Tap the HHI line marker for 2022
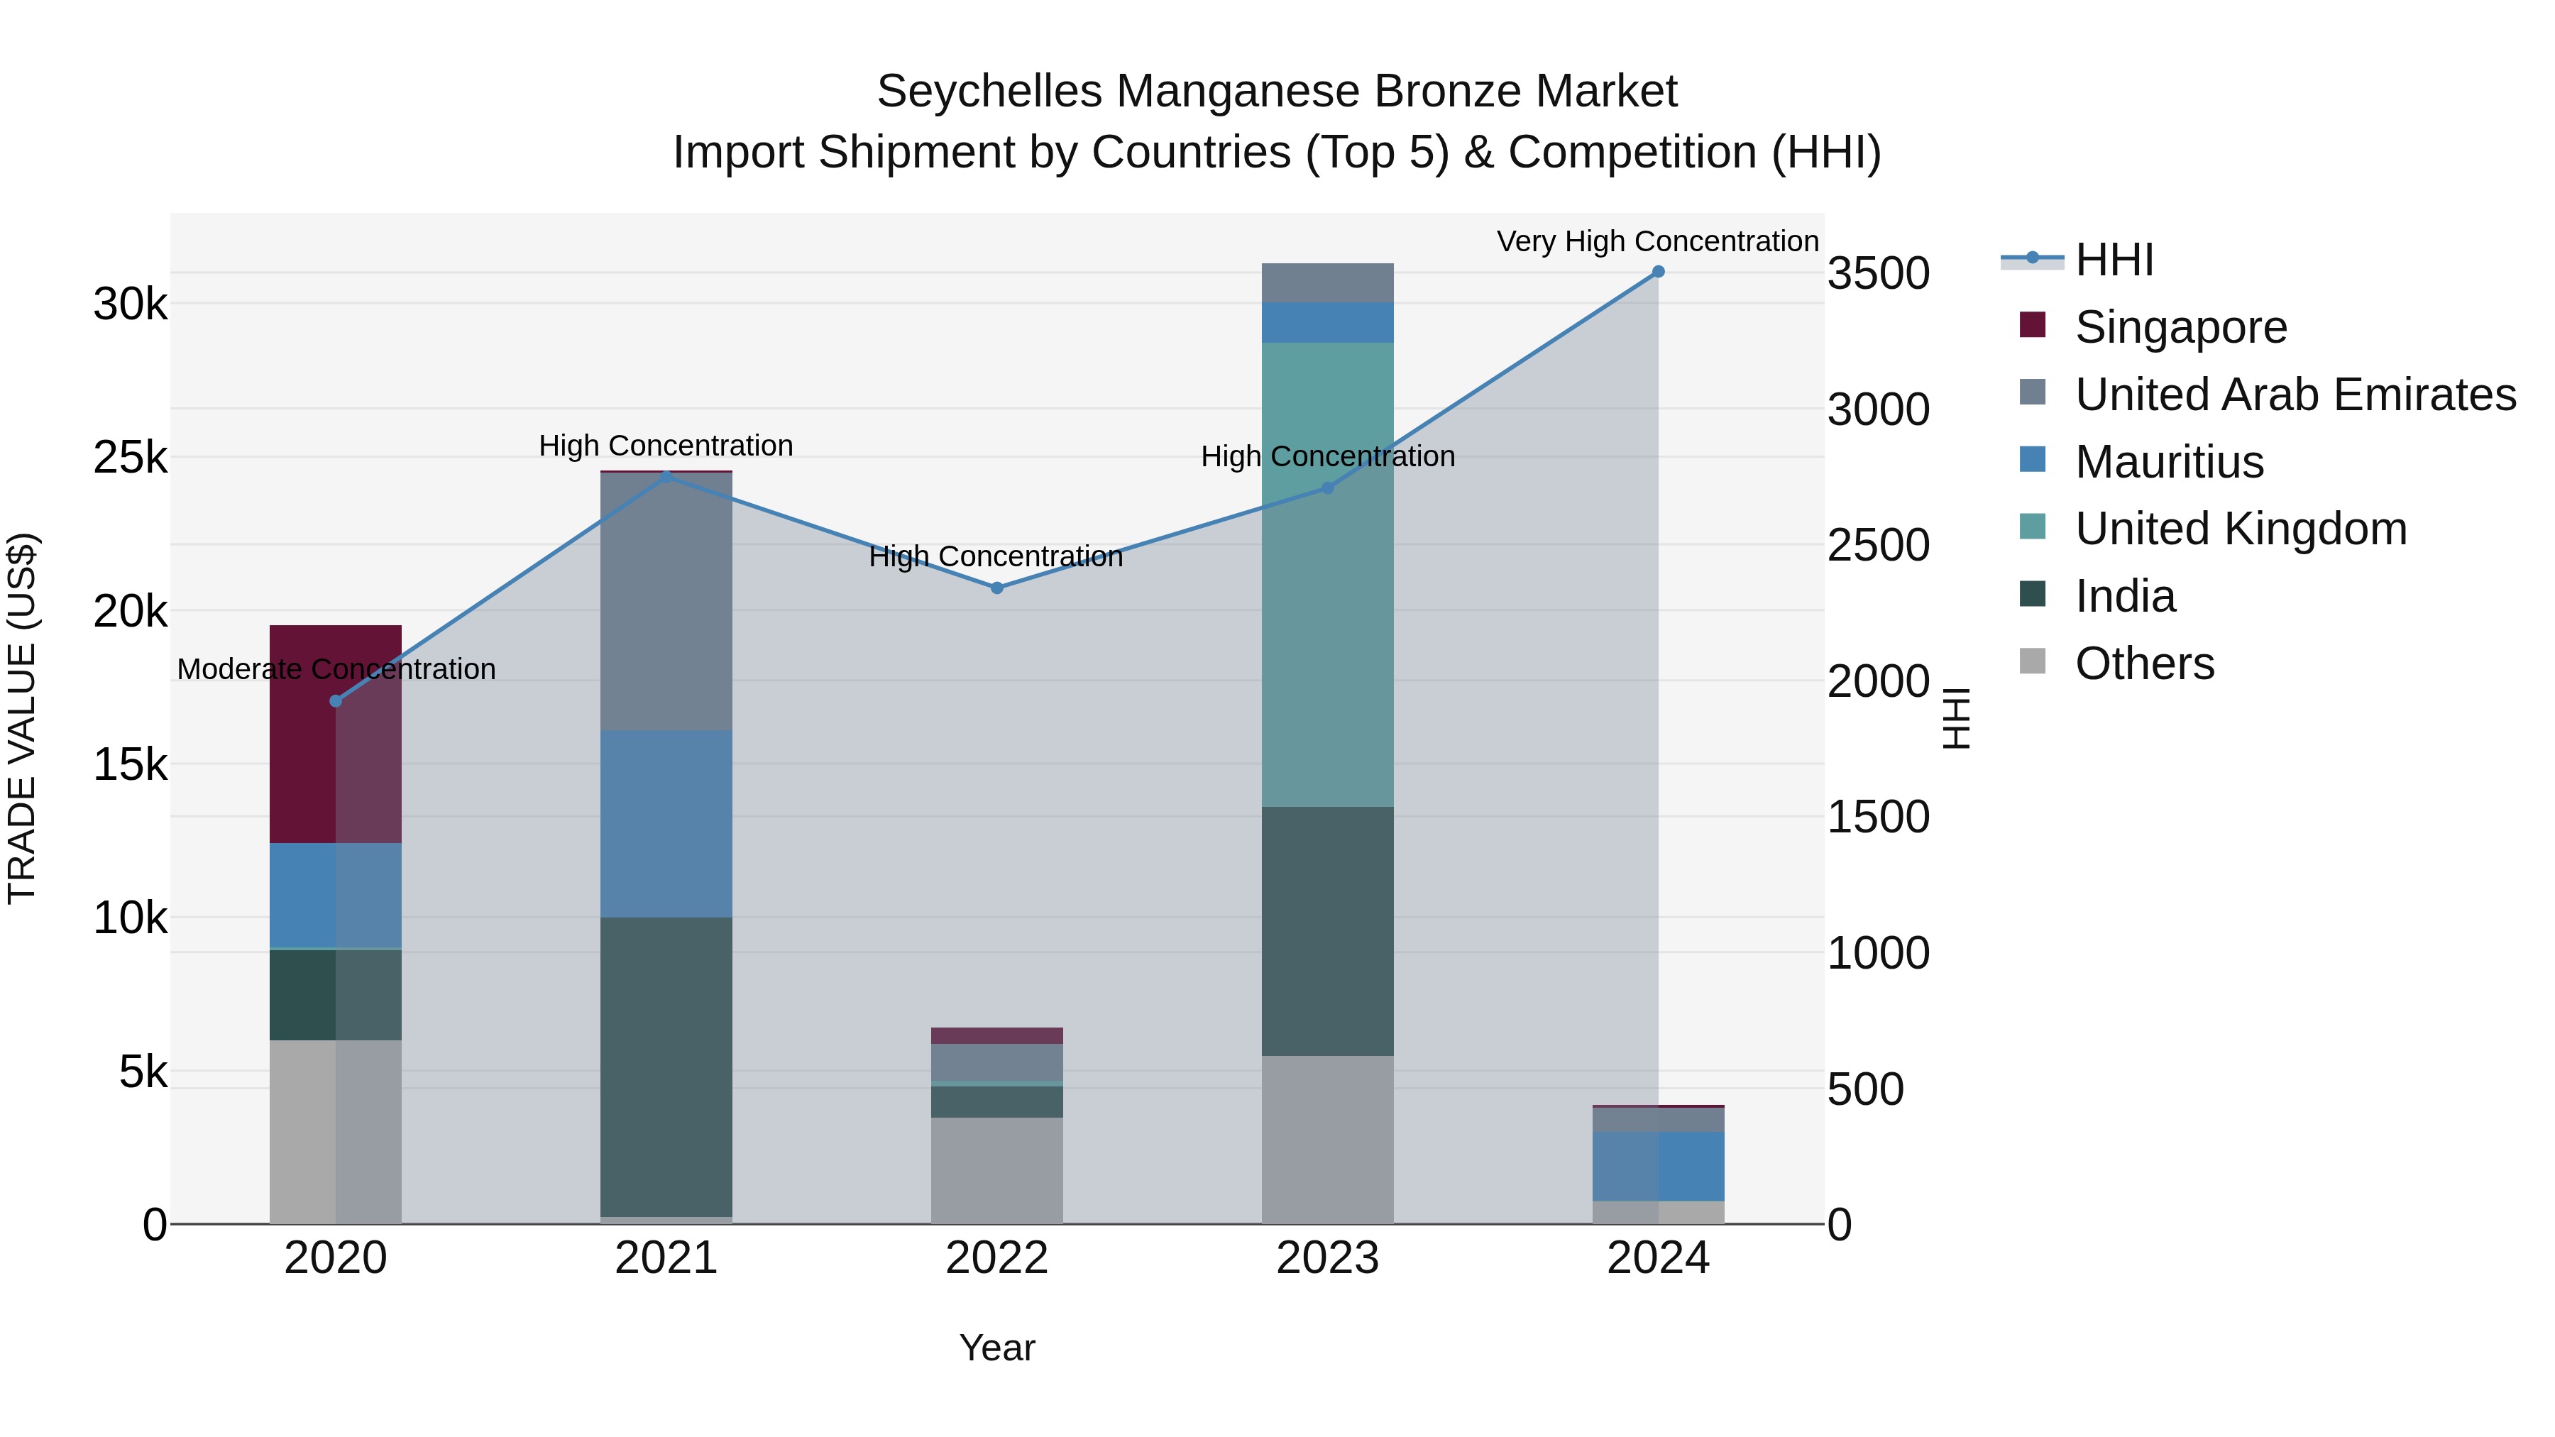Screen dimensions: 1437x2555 [x=997, y=588]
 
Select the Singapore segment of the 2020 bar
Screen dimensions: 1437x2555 [x=335, y=734]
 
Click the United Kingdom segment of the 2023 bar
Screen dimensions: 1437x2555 [x=1327, y=576]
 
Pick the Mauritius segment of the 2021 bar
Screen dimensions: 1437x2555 [x=666, y=823]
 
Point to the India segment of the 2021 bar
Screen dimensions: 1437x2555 [x=666, y=1066]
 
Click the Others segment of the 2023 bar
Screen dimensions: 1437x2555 [x=1327, y=1140]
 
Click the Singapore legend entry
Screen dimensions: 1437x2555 [x=2180, y=327]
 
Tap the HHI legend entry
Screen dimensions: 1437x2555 [x=2114, y=260]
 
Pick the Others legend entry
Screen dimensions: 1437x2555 [x=2144, y=664]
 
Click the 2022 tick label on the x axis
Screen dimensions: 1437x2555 [x=997, y=1258]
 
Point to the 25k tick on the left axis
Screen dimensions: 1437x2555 [x=131, y=458]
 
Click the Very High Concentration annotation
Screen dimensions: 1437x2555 [x=1657, y=242]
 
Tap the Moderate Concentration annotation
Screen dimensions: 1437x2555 [x=336, y=669]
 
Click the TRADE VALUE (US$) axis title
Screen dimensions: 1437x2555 [x=22, y=718]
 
